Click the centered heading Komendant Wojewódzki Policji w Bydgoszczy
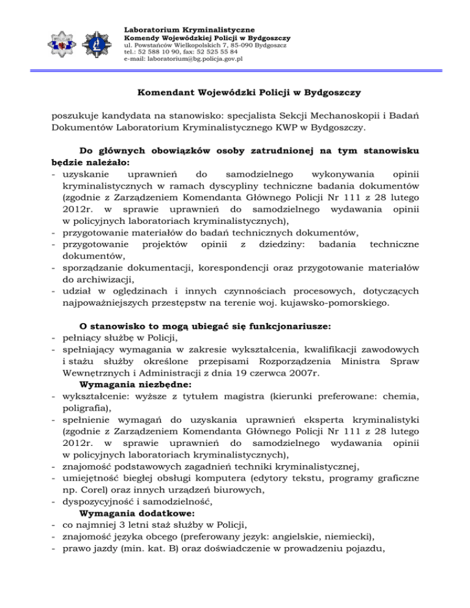pos(234,94)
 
